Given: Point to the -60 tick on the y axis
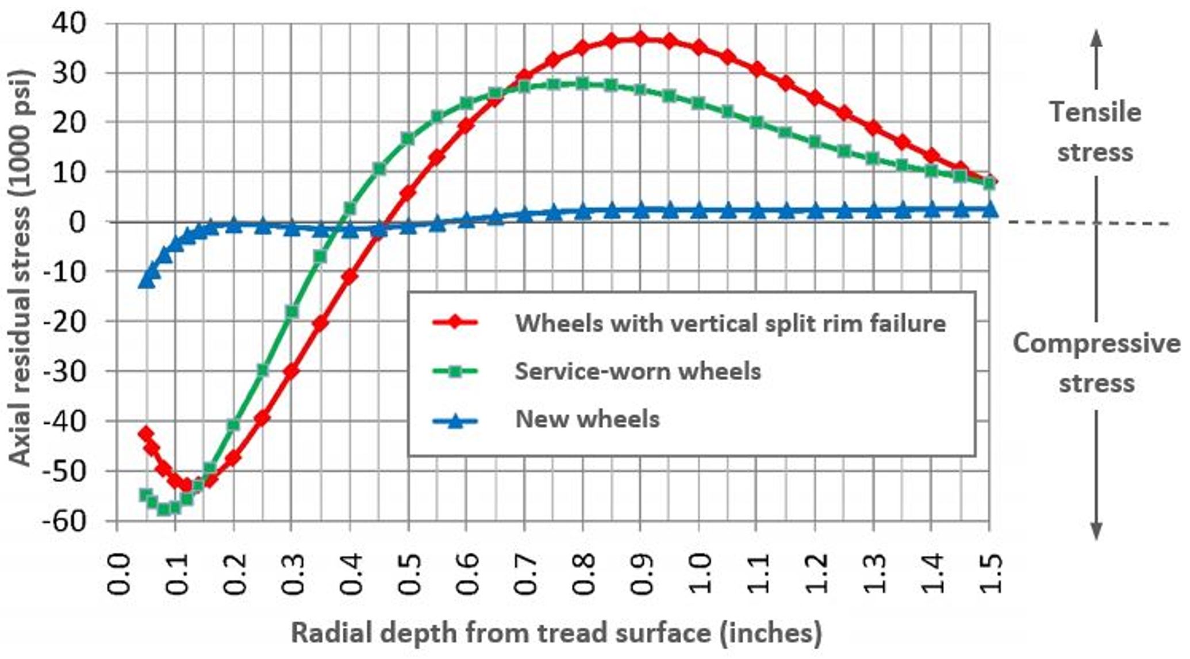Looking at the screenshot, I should click(x=63, y=520).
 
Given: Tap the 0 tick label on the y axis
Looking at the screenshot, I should click(x=77, y=222).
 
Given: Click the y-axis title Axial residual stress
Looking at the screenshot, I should click(x=21, y=268).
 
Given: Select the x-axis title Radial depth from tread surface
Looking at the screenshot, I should click(x=556, y=633).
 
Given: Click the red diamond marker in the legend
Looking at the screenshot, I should click(x=455, y=323).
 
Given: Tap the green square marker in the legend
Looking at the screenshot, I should click(x=455, y=371).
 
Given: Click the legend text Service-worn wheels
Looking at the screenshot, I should click(x=638, y=371).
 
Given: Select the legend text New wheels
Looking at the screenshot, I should click(x=587, y=419).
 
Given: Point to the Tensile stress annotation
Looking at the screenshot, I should click(x=1096, y=132).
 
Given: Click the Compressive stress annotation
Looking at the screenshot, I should click(x=1096, y=363).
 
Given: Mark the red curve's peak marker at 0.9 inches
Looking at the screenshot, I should click(x=640, y=39).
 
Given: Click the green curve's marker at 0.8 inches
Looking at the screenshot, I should click(x=582, y=83).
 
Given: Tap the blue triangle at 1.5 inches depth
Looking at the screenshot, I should click(x=989, y=209).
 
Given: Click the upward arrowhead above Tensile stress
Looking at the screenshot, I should click(x=1096, y=38).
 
